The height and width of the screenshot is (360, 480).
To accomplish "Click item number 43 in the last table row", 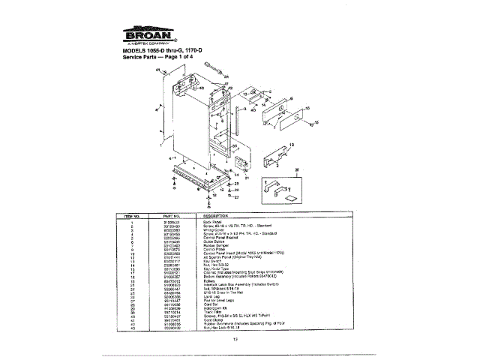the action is click(x=132, y=329).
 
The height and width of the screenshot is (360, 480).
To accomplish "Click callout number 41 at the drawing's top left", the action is click(x=159, y=69).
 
